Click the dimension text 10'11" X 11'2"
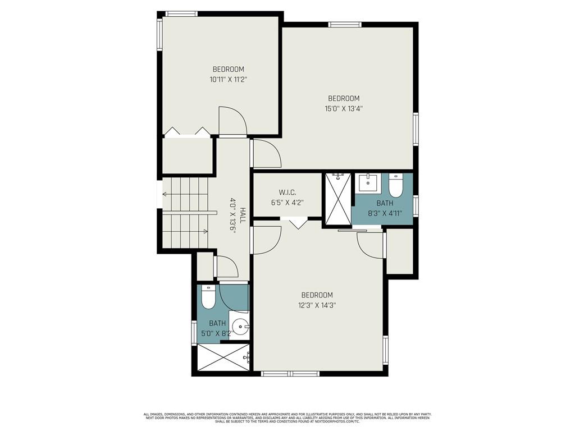point(229,80)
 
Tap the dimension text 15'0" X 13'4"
point(344,109)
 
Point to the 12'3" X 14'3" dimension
point(317,305)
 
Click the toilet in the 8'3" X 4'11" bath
point(396,185)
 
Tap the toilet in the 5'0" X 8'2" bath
point(208,298)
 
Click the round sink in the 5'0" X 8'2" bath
point(241,325)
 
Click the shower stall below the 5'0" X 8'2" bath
point(223,357)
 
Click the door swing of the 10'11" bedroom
point(232,120)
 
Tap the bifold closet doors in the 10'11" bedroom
point(187,132)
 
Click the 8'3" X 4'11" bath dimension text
point(385,213)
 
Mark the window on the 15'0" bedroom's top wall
point(344,24)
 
